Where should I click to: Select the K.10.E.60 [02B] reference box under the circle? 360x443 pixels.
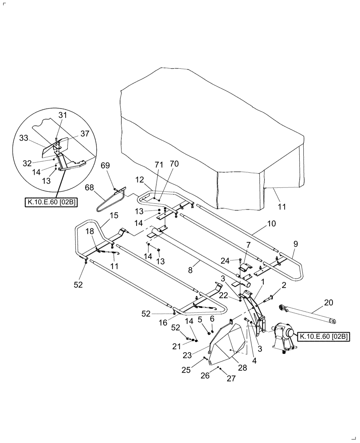(x=51, y=202)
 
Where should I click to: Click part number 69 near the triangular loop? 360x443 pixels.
(x=105, y=165)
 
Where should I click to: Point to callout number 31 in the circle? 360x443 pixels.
(x=63, y=115)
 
